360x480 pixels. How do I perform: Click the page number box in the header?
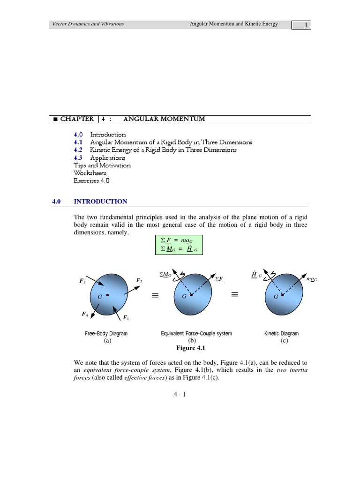pyautogui.click(x=301, y=25)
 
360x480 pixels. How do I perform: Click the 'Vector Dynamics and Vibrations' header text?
pyautogui.click(x=88, y=24)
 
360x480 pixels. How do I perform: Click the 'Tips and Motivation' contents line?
pyautogui.click(x=102, y=165)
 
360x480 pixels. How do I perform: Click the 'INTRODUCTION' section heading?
pyautogui.click(x=100, y=202)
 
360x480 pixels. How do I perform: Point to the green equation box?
pyautogui.click(x=180, y=245)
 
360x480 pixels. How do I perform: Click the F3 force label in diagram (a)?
pyautogui.click(x=82, y=281)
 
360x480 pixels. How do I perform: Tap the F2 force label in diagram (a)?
pyautogui.click(x=139, y=280)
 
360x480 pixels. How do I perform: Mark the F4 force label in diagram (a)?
pyautogui.click(x=84, y=315)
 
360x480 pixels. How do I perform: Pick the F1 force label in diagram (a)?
pyautogui.click(x=126, y=319)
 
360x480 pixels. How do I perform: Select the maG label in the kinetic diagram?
pyautogui.click(x=312, y=279)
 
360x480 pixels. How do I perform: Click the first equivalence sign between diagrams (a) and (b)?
pyautogui.click(x=155, y=295)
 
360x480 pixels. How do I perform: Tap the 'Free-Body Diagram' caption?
pyautogui.click(x=106, y=334)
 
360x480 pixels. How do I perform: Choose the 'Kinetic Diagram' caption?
pyautogui.click(x=281, y=334)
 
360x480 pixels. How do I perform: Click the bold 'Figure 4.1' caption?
pyautogui.click(x=190, y=348)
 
